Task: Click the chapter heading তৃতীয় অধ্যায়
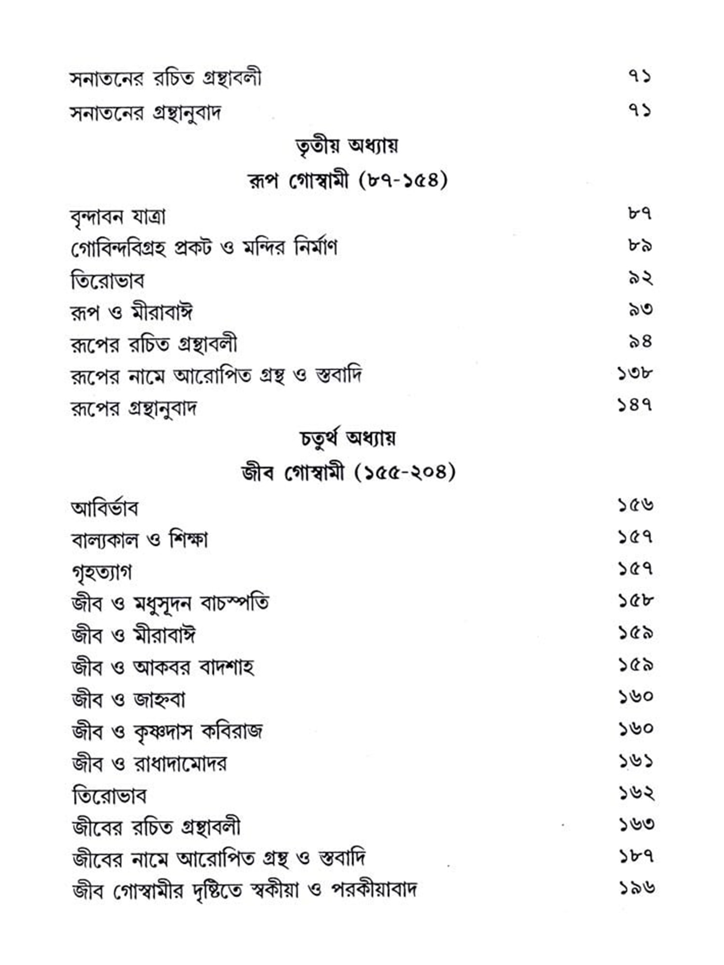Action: pos(347,145)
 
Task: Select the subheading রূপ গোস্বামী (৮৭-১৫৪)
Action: pos(347,181)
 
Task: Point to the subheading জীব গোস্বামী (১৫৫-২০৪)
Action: pos(348,472)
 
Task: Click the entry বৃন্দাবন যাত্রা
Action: pos(118,217)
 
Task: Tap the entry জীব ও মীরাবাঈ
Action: pos(133,635)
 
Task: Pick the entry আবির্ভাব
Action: pos(104,508)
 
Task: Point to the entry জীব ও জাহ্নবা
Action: pos(128,700)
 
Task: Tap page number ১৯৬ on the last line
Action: pos(637,888)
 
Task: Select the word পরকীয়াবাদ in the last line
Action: pos(374,889)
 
